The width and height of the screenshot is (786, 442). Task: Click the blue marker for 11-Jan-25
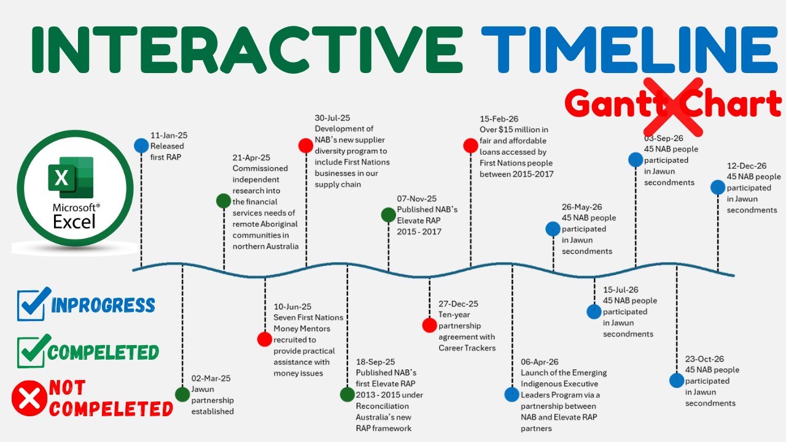click(x=141, y=145)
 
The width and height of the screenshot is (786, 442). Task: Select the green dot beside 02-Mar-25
click(x=182, y=394)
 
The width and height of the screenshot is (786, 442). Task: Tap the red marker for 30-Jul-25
click(x=306, y=145)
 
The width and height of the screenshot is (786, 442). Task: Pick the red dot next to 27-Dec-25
click(x=430, y=325)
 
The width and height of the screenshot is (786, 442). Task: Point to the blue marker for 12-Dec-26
click(x=718, y=187)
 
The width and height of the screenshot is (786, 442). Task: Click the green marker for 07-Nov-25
click(x=388, y=215)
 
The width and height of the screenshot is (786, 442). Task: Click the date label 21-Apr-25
click(x=251, y=158)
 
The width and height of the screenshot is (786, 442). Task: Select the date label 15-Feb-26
click(x=499, y=118)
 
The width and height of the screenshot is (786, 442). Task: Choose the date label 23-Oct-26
click(x=704, y=359)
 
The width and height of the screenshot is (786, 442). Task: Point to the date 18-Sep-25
click(x=375, y=362)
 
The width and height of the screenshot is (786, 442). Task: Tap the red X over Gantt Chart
click(x=673, y=106)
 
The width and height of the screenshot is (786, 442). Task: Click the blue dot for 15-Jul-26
click(x=594, y=312)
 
